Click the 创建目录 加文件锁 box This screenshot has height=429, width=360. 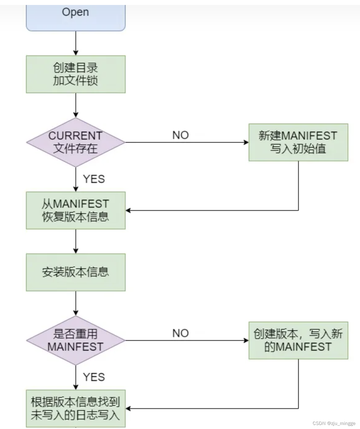75,74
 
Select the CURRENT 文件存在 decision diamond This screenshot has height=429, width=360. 75,142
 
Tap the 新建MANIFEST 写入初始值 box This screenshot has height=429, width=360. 298,142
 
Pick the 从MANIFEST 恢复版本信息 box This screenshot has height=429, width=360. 75,210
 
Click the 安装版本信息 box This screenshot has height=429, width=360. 75,272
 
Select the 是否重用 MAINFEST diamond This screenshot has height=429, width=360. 75,340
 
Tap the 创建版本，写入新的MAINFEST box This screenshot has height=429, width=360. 298,340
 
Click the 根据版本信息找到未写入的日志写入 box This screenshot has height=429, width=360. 75,409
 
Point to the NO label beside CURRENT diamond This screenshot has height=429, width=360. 180,135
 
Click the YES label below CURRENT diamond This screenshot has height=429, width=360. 94,179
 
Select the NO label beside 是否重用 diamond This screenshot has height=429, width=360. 180,333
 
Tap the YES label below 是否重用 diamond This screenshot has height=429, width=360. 94,377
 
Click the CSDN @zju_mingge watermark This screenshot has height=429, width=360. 334,423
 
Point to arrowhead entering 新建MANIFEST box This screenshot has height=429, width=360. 246,142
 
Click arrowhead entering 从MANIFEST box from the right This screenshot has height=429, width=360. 128,210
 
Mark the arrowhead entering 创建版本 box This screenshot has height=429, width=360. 246,340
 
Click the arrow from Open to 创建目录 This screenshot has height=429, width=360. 76,43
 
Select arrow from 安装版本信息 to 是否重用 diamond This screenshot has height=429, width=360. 76,303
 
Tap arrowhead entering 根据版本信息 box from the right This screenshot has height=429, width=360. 128,409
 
